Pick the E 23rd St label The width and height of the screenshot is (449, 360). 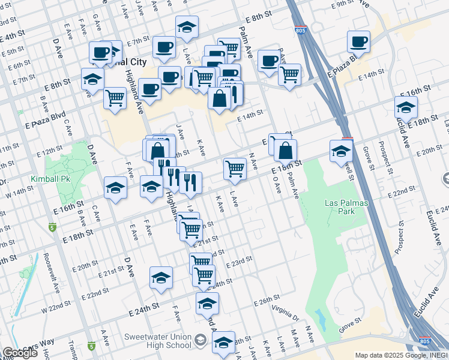(239, 262)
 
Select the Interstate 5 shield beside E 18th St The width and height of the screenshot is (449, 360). (51, 227)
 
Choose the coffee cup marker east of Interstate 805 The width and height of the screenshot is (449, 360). (358, 41)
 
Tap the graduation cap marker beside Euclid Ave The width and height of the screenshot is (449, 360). (406, 108)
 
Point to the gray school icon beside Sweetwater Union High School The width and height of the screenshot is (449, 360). (200, 341)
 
